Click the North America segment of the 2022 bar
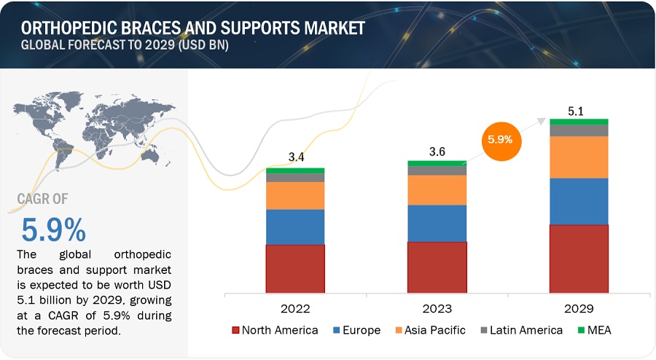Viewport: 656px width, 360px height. point(294,268)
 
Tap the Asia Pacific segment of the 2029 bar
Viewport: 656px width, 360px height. point(579,157)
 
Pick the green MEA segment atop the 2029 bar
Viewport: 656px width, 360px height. point(579,121)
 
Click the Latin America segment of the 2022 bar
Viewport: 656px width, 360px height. point(294,177)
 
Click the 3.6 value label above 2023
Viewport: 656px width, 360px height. point(436,150)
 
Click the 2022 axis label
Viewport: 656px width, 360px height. point(294,308)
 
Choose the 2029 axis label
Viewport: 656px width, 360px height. point(579,308)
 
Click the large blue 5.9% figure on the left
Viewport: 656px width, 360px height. point(53,230)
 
